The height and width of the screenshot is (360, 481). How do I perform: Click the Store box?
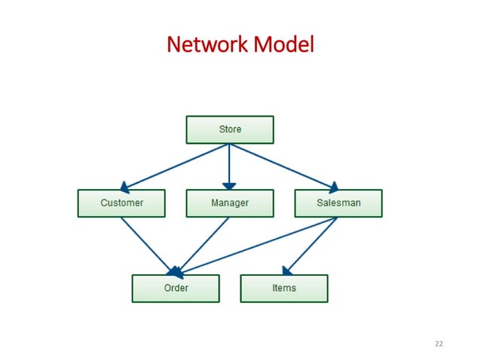(x=229, y=130)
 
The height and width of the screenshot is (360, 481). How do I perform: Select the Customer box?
(x=121, y=203)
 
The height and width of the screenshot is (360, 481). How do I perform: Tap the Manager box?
(x=229, y=203)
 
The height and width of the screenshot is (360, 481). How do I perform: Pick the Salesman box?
(x=338, y=203)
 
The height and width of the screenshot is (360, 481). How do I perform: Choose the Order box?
(x=176, y=288)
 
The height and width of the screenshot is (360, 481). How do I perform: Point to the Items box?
(x=283, y=288)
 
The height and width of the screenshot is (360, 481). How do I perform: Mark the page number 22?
(x=439, y=344)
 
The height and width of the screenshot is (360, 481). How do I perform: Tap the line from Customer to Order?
(x=147, y=245)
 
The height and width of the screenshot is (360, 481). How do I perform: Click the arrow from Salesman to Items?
(x=311, y=246)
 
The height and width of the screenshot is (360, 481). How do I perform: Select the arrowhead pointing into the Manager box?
(x=229, y=185)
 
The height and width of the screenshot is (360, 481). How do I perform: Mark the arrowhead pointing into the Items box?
(x=287, y=270)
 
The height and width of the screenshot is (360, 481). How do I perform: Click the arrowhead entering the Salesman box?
(x=332, y=186)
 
